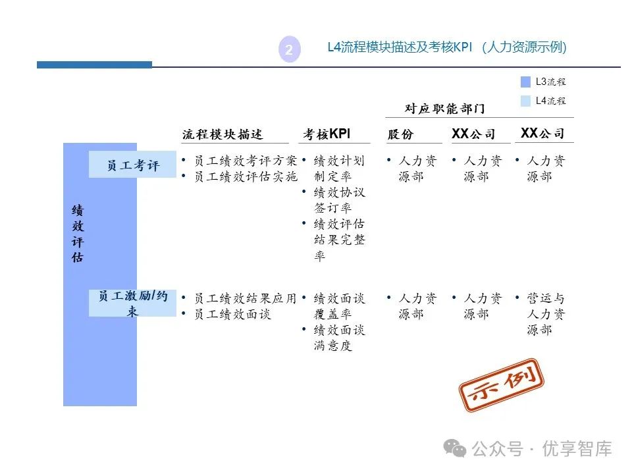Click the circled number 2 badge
289,49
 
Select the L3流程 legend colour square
525,82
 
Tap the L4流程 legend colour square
525,101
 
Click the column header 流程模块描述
223,134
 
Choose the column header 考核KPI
327,134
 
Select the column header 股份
400,134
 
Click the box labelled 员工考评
133,165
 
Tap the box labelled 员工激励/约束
133,303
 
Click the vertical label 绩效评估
78,234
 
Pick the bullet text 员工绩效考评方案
246,161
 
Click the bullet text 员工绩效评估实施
246,176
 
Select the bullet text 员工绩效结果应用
246,298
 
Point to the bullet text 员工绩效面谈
232,314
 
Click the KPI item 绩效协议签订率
338,200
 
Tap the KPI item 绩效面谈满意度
338,338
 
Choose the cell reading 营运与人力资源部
546,314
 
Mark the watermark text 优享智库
577,449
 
